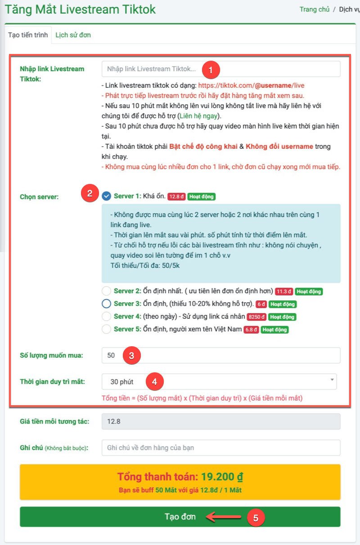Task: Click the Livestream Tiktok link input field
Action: click(x=221, y=69)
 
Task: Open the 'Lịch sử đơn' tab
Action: click(x=73, y=35)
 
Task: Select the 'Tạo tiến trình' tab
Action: click(x=28, y=35)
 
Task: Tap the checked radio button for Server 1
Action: click(x=106, y=196)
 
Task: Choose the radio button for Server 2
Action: click(x=106, y=291)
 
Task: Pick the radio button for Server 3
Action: click(x=106, y=304)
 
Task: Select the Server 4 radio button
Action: click(x=106, y=316)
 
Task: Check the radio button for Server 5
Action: click(x=106, y=329)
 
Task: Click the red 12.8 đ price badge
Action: click(x=176, y=197)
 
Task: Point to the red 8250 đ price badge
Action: click(x=256, y=317)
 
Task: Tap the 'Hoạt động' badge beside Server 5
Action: click(x=274, y=330)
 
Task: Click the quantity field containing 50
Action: click(x=221, y=355)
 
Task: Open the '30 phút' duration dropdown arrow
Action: click(x=332, y=380)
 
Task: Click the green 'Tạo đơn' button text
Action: click(x=180, y=516)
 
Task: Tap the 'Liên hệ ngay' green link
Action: click(x=198, y=116)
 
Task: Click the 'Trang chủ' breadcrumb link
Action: click(x=315, y=9)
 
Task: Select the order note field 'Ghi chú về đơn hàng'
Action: click(x=221, y=448)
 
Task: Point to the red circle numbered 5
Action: click(x=256, y=518)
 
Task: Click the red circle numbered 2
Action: click(x=90, y=193)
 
